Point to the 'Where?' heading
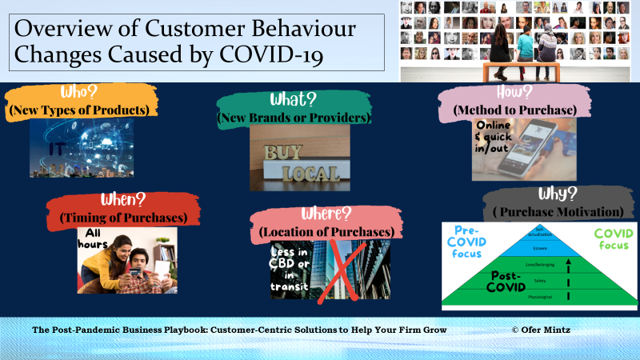coord(325,216)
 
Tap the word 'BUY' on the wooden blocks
coord(286,152)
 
